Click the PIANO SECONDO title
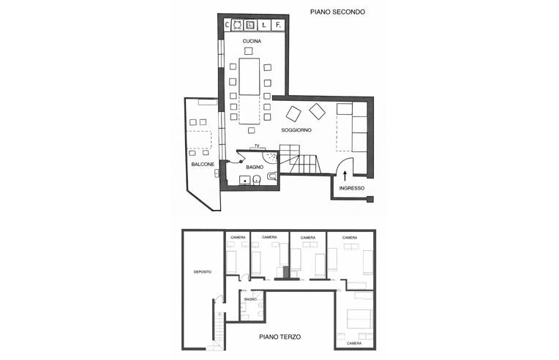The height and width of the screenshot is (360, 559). click(337, 12)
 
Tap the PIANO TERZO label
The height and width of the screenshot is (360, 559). click(279, 337)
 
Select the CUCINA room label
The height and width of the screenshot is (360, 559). click(252, 41)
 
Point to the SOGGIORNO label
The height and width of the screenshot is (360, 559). click(296, 130)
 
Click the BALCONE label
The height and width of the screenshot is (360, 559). click(203, 165)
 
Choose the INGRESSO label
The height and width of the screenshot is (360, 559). click(351, 188)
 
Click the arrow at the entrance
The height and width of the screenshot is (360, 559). click(345, 176)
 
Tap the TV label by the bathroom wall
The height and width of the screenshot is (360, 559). click(257, 146)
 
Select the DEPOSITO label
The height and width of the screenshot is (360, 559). click(203, 271)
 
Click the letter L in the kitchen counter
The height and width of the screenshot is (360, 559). click(264, 26)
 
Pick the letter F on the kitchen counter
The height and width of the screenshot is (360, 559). click(279, 26)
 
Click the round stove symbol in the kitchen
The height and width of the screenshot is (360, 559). click(238, 25)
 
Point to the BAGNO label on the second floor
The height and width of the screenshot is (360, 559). click(255, 167)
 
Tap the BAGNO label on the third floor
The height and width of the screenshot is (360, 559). click(251, 299)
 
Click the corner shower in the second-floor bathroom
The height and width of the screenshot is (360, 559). click(270, 157)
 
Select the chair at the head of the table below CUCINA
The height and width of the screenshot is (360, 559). click(249, 51)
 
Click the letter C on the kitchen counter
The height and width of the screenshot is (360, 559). click(227, 25)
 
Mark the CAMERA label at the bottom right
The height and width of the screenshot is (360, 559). click(354, 343)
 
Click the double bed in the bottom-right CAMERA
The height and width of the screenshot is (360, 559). click(360, 318)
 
